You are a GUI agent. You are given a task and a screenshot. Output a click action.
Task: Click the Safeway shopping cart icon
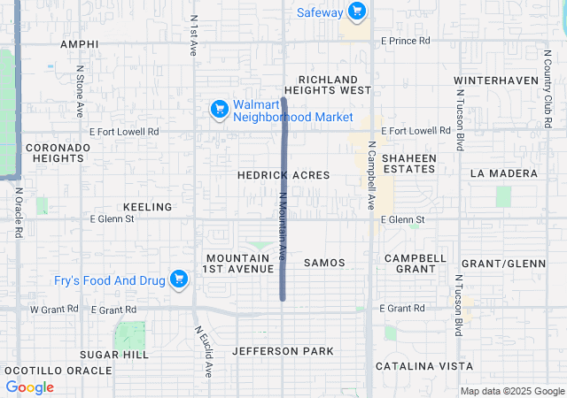(x=356, y=11)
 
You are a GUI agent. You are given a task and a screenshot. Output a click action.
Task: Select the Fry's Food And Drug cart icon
(x=179, y=279)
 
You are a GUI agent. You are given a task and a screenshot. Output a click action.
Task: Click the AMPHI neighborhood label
(x=80, y=43)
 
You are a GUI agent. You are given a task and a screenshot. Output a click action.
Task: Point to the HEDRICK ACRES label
(x=283, y=175)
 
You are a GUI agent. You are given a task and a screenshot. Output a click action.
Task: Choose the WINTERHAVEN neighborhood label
(x=495, y=80)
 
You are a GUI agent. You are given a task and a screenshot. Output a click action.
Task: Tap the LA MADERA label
(x=504, y=172)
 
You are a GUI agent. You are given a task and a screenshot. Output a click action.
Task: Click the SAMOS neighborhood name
(x=324, y=263)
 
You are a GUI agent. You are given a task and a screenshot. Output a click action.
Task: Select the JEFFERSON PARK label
(x=283, y=351)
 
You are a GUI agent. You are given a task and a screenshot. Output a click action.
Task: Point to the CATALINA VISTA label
(x=423, y=365)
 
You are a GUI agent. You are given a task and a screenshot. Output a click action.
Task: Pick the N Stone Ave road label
(x=79, y=91)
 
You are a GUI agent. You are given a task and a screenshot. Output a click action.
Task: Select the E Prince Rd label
(x=405, y=41)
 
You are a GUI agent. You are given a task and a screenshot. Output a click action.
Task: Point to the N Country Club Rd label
(x=547, y=80)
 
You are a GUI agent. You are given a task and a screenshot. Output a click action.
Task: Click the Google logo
(x=29, y=387)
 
